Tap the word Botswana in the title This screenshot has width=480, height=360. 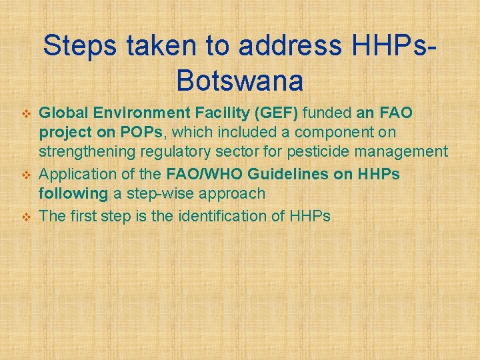[x=240, y=81]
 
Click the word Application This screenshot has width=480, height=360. [x=75, y=174]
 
